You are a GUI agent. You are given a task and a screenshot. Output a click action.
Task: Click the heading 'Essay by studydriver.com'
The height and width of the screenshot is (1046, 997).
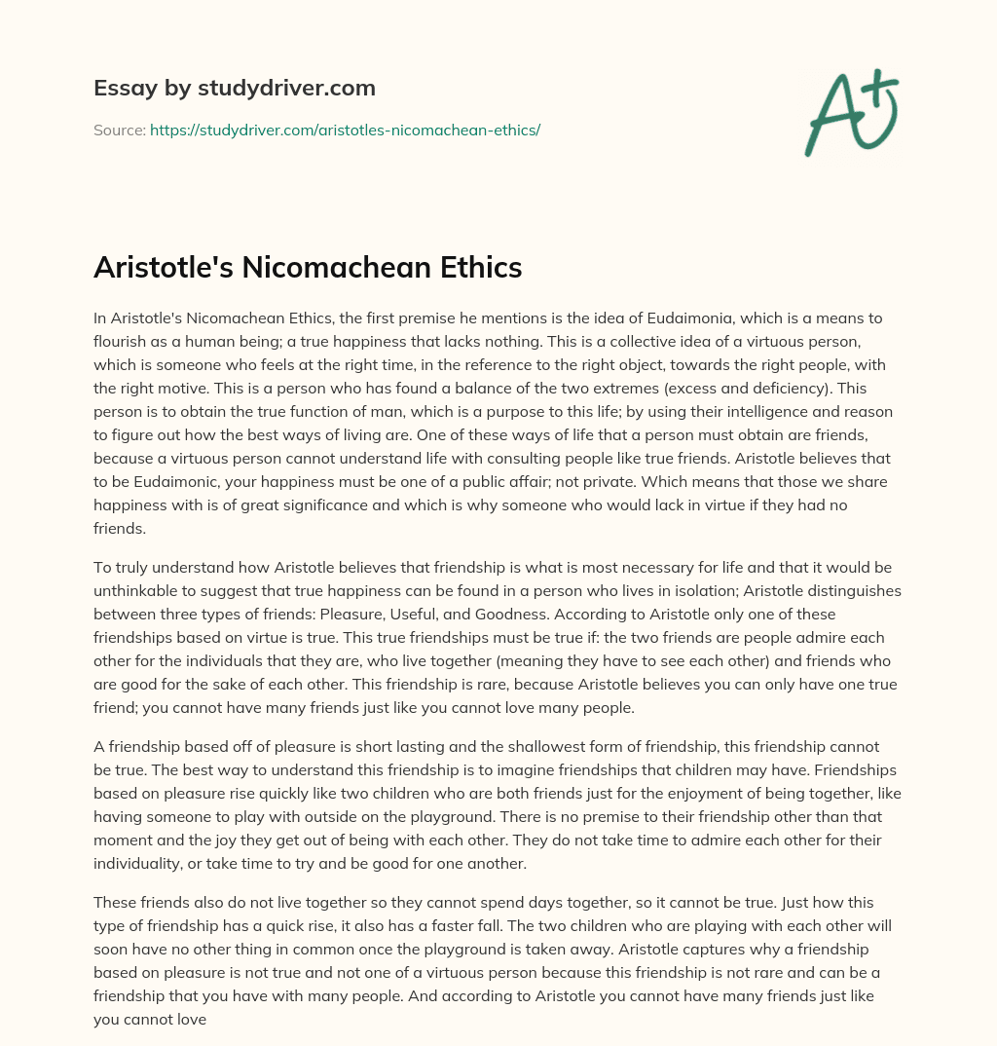click(234, 89)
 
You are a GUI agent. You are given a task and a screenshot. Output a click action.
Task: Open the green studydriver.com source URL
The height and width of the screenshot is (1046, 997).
click(345, 130)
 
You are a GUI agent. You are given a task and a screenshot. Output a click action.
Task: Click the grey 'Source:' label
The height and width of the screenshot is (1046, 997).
click(119, 130)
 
